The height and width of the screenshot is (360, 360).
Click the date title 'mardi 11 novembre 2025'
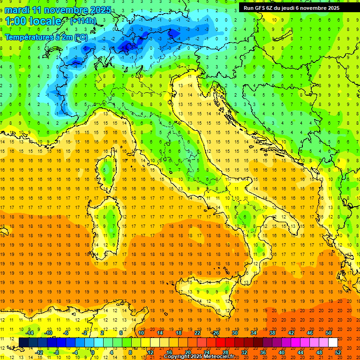pos(58,10)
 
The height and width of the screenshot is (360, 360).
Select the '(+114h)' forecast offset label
pos(83,21)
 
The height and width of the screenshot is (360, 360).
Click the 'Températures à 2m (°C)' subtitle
pos(46,37)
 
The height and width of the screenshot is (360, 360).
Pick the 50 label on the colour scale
pos(328,332)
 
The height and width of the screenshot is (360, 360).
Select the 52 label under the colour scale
pos(338,352)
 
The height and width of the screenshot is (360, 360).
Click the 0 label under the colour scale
pos(93,352)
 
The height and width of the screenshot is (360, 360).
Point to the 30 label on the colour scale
pos(234,332)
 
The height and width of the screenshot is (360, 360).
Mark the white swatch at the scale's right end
pos(333,342)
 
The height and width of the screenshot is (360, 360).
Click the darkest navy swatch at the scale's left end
pos(23,342)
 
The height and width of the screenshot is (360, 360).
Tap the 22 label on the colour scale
pos(197,332)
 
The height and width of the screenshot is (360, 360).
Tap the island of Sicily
pos(206,293)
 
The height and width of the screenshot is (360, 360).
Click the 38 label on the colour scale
pos(272,332)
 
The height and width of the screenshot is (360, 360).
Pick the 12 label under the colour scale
pos(150,352)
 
